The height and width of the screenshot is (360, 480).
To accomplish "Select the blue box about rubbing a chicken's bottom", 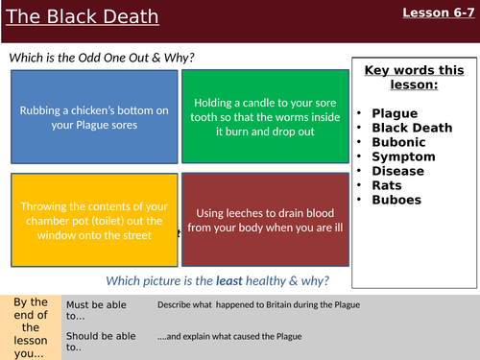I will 94,117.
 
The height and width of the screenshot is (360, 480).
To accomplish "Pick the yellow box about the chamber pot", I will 94,219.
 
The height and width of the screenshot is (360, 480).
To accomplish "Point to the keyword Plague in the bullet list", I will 395,111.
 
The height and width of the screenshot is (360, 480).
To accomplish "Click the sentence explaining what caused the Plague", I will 229,335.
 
